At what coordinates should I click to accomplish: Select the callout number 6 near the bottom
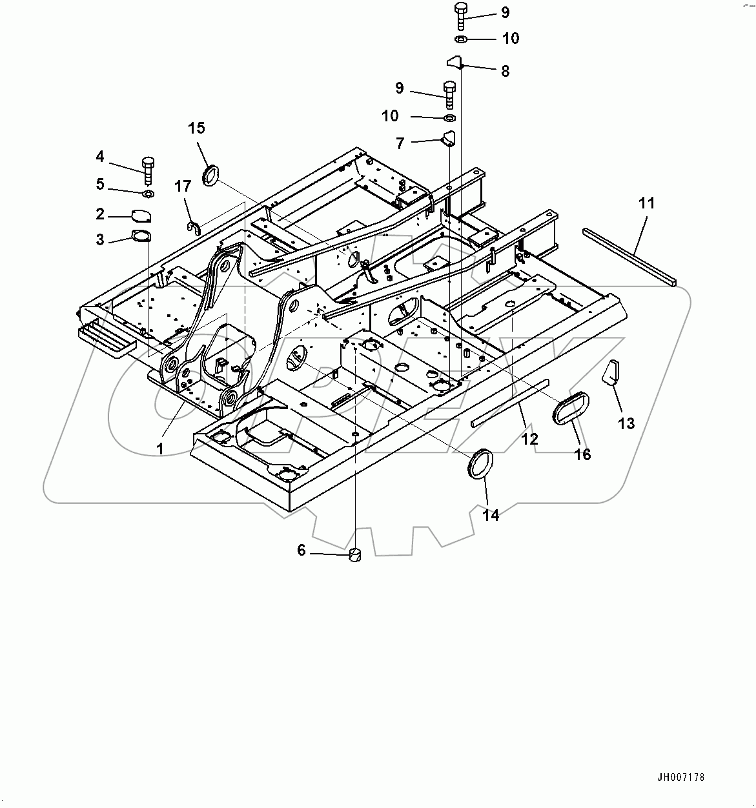301,550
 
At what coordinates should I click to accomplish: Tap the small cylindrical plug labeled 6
355,555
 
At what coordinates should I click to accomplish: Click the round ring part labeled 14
480,465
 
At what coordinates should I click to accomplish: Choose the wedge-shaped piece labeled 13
611,372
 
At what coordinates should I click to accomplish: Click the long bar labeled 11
629,258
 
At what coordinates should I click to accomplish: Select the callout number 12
529,439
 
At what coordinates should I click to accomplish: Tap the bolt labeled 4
148,169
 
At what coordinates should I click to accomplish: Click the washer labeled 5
147,193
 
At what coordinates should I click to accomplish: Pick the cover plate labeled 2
141,216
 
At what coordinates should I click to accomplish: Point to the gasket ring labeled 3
141,236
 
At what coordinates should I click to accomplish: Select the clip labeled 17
193,227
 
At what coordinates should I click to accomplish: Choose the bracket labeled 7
448,139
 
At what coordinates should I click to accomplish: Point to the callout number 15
196,128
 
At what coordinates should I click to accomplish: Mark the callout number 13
626,423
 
